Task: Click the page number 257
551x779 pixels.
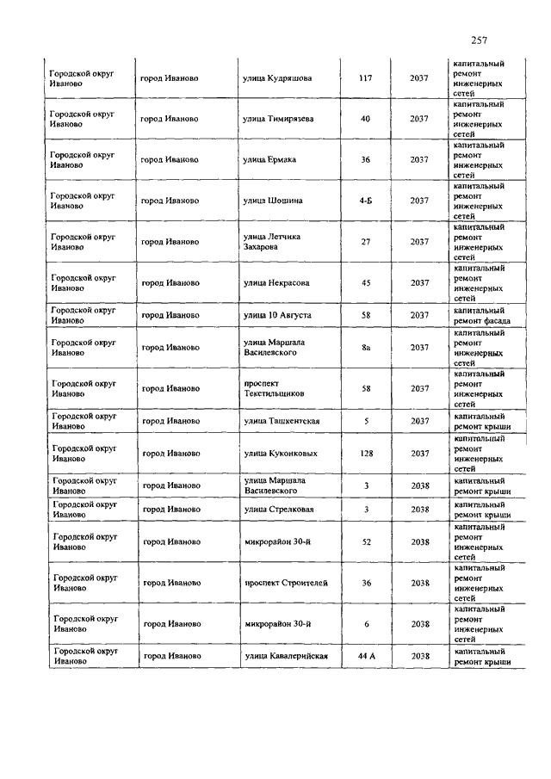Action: [x=480, y=40]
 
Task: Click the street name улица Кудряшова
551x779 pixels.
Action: [x=276, y=78]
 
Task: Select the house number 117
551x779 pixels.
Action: [x=365, y=78]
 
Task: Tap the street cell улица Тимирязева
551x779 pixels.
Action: [x=277, y=119]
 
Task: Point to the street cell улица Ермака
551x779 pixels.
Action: [x=270, y=159]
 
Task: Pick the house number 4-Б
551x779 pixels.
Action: [x=366, y=201]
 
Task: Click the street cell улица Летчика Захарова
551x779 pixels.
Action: [x=272, y=242]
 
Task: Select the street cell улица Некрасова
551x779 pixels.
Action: [x=275, y=282]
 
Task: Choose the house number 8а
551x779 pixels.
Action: [x=366, y=348]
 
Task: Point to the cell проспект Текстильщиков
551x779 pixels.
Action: [x=274, y=388]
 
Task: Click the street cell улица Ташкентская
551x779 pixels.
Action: [x=282, y=421]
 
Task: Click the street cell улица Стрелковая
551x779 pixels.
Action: [x=276, y=510]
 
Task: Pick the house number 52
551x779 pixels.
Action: [x=366, y=542]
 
